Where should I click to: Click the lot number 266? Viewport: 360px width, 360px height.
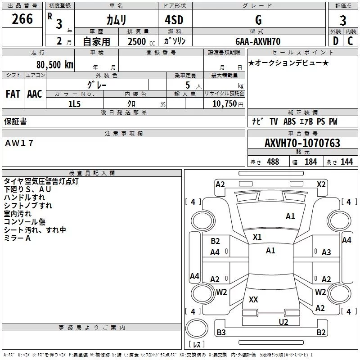coord(22,19)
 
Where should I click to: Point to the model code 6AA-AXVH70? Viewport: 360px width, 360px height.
coord(257,41)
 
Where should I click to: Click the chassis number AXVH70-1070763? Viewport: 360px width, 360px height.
coord(302,143)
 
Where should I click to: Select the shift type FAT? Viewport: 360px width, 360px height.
coord(13,94)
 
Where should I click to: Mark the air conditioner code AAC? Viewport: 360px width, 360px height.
coord(34,94)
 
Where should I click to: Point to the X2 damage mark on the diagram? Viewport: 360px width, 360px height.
coord(321,184)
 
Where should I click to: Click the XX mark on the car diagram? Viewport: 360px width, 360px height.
coord(253,299)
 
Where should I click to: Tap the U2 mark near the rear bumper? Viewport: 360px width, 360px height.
coord(283,321)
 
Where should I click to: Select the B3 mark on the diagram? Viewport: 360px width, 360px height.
coord(221,333)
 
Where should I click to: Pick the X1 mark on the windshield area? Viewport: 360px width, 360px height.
coord(257,237)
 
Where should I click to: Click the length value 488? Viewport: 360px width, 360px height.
coord(273,162)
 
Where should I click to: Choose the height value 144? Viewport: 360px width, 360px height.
coord(347,162)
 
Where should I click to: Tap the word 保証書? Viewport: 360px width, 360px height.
coord(15,121)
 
